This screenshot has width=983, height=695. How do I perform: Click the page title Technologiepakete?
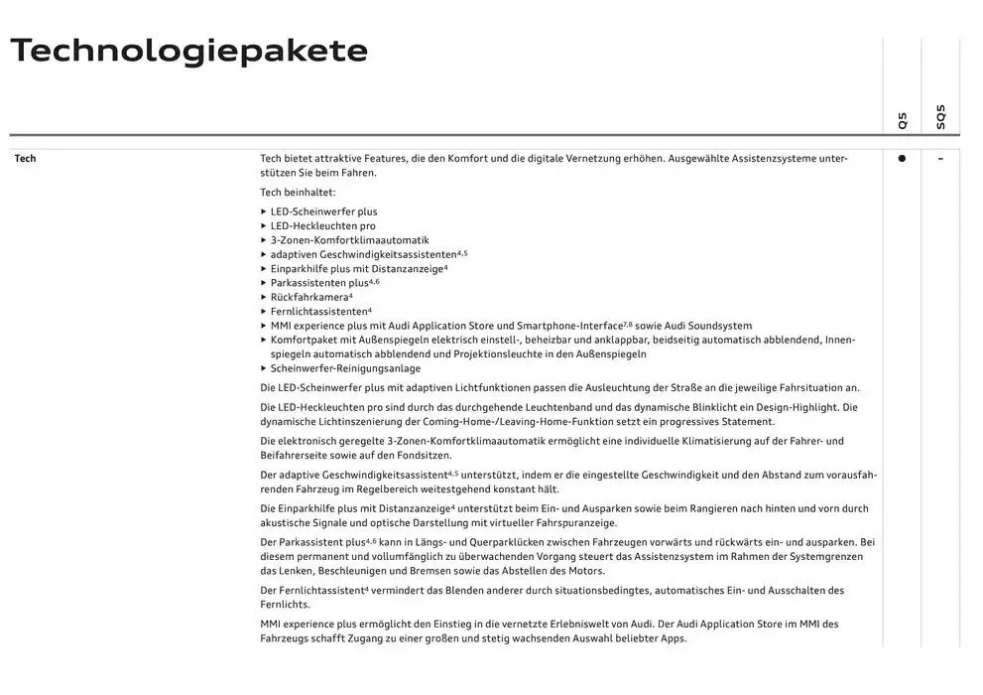pos(188,51)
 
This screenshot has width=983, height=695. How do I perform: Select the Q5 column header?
pos(902,120)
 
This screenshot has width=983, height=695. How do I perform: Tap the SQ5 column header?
pos(940,117)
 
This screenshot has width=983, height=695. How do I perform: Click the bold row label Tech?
pos(25,159)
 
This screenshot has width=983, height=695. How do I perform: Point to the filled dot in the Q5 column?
pos(902,158)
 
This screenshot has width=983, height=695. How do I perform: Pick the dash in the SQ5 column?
pos(940,159)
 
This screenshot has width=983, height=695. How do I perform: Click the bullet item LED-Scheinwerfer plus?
pos(323,211)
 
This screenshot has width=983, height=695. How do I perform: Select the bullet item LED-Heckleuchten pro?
pos(322,226)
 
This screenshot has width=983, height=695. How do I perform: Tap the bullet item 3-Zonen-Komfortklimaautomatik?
pos(349,240)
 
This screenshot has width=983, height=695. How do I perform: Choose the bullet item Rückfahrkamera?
pos(308,297)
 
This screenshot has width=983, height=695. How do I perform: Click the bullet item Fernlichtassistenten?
pos(318,312)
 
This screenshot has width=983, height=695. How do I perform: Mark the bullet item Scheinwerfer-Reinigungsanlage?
pos(345,368)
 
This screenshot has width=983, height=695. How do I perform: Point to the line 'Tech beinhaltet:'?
pos(298,193)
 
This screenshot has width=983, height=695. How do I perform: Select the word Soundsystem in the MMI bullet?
pos(719,326)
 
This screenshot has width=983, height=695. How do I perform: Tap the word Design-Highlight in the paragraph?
pos(789,407)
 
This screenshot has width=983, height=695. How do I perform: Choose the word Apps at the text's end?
pos(673,638)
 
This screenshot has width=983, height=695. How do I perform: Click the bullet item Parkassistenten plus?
pos(320,283)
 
